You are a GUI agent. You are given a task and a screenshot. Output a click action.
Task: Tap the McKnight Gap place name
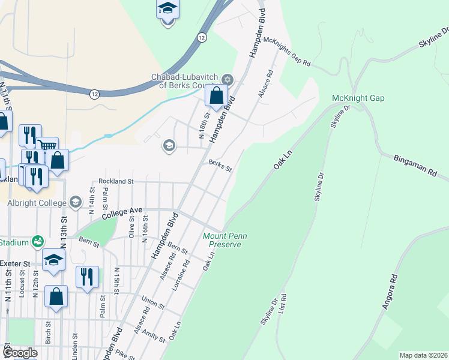pyautogui.click(x=358, y=98)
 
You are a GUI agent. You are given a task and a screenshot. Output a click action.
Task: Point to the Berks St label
pyautogui.click(x=220, y=165)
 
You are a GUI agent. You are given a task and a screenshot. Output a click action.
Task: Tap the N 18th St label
pyautogui.click(x=205, y=124)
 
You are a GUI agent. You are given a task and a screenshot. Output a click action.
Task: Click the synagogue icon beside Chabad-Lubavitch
pyautogui.click(x=228, y=80)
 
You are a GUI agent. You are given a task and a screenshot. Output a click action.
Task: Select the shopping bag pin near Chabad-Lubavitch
pyautogui.click(x=216, y=95)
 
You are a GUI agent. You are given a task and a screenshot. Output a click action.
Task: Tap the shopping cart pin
pyautogui.click(x=47, y=146)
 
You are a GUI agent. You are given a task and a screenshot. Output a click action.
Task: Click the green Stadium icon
pyautogui.click(x=38, y=241)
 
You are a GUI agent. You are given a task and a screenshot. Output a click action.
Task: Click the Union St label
pyautogui.click(x=153, y=301)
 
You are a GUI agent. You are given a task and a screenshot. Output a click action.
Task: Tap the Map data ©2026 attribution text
pyautogui.click(x=423, y=355)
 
